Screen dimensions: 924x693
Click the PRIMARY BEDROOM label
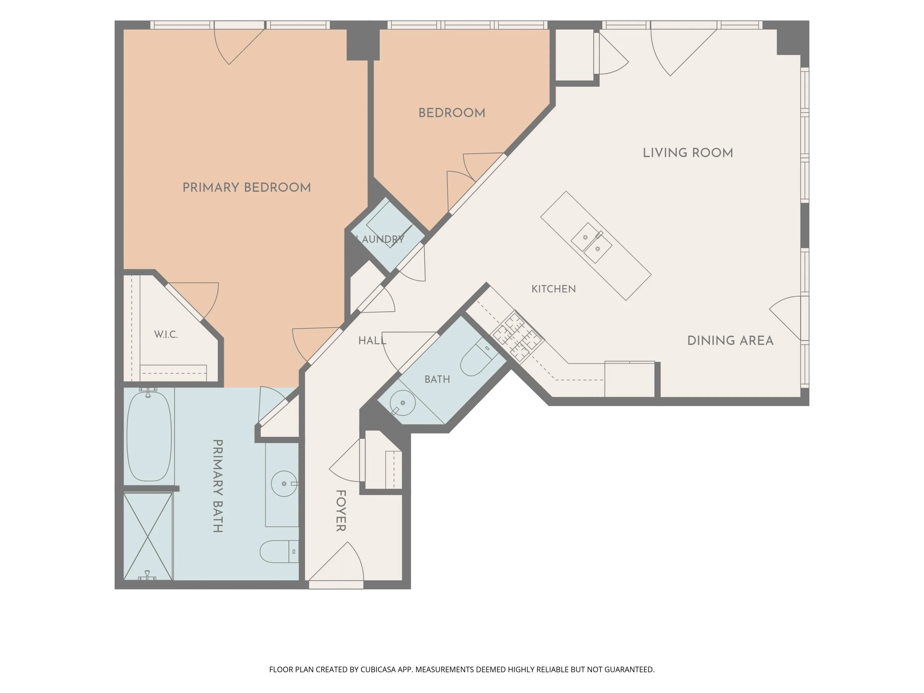[x=246, y=188]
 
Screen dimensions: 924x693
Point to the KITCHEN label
[x=553, y=289]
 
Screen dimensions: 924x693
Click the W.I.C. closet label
[x=166, y=334]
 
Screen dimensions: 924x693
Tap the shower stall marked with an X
[x=148, y=536]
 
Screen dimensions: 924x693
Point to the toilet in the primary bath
[x=279, y=551]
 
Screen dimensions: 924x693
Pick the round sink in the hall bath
[x=403, y=403]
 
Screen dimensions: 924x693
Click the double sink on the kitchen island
[x=591, y=243]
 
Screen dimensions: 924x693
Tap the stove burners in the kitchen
[x=517, y=336]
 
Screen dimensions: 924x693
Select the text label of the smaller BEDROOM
[x=452, y=113]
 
